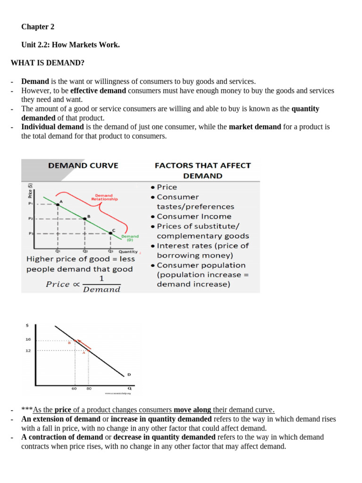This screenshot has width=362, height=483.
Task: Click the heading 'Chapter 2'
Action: [x=38, y=27]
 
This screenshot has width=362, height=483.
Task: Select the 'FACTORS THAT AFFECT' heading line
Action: [x=203, y=166]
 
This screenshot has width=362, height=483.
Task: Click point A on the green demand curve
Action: [x=58, y=203]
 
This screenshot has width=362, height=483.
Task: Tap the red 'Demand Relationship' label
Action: [x=104, y=197]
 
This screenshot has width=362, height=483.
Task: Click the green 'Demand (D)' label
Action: [x=130, y=238]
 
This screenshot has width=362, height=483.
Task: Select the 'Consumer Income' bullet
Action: [x=194, y=217]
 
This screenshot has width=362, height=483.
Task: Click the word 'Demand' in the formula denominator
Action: [x=101, y=290]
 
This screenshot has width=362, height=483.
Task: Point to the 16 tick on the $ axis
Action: [x=28, y=340]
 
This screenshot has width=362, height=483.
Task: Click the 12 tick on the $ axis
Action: [x=28, y=350]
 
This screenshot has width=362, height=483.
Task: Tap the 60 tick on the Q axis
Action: [x=74, y=389]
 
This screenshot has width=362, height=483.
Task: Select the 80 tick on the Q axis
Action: [x=89, y=389]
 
